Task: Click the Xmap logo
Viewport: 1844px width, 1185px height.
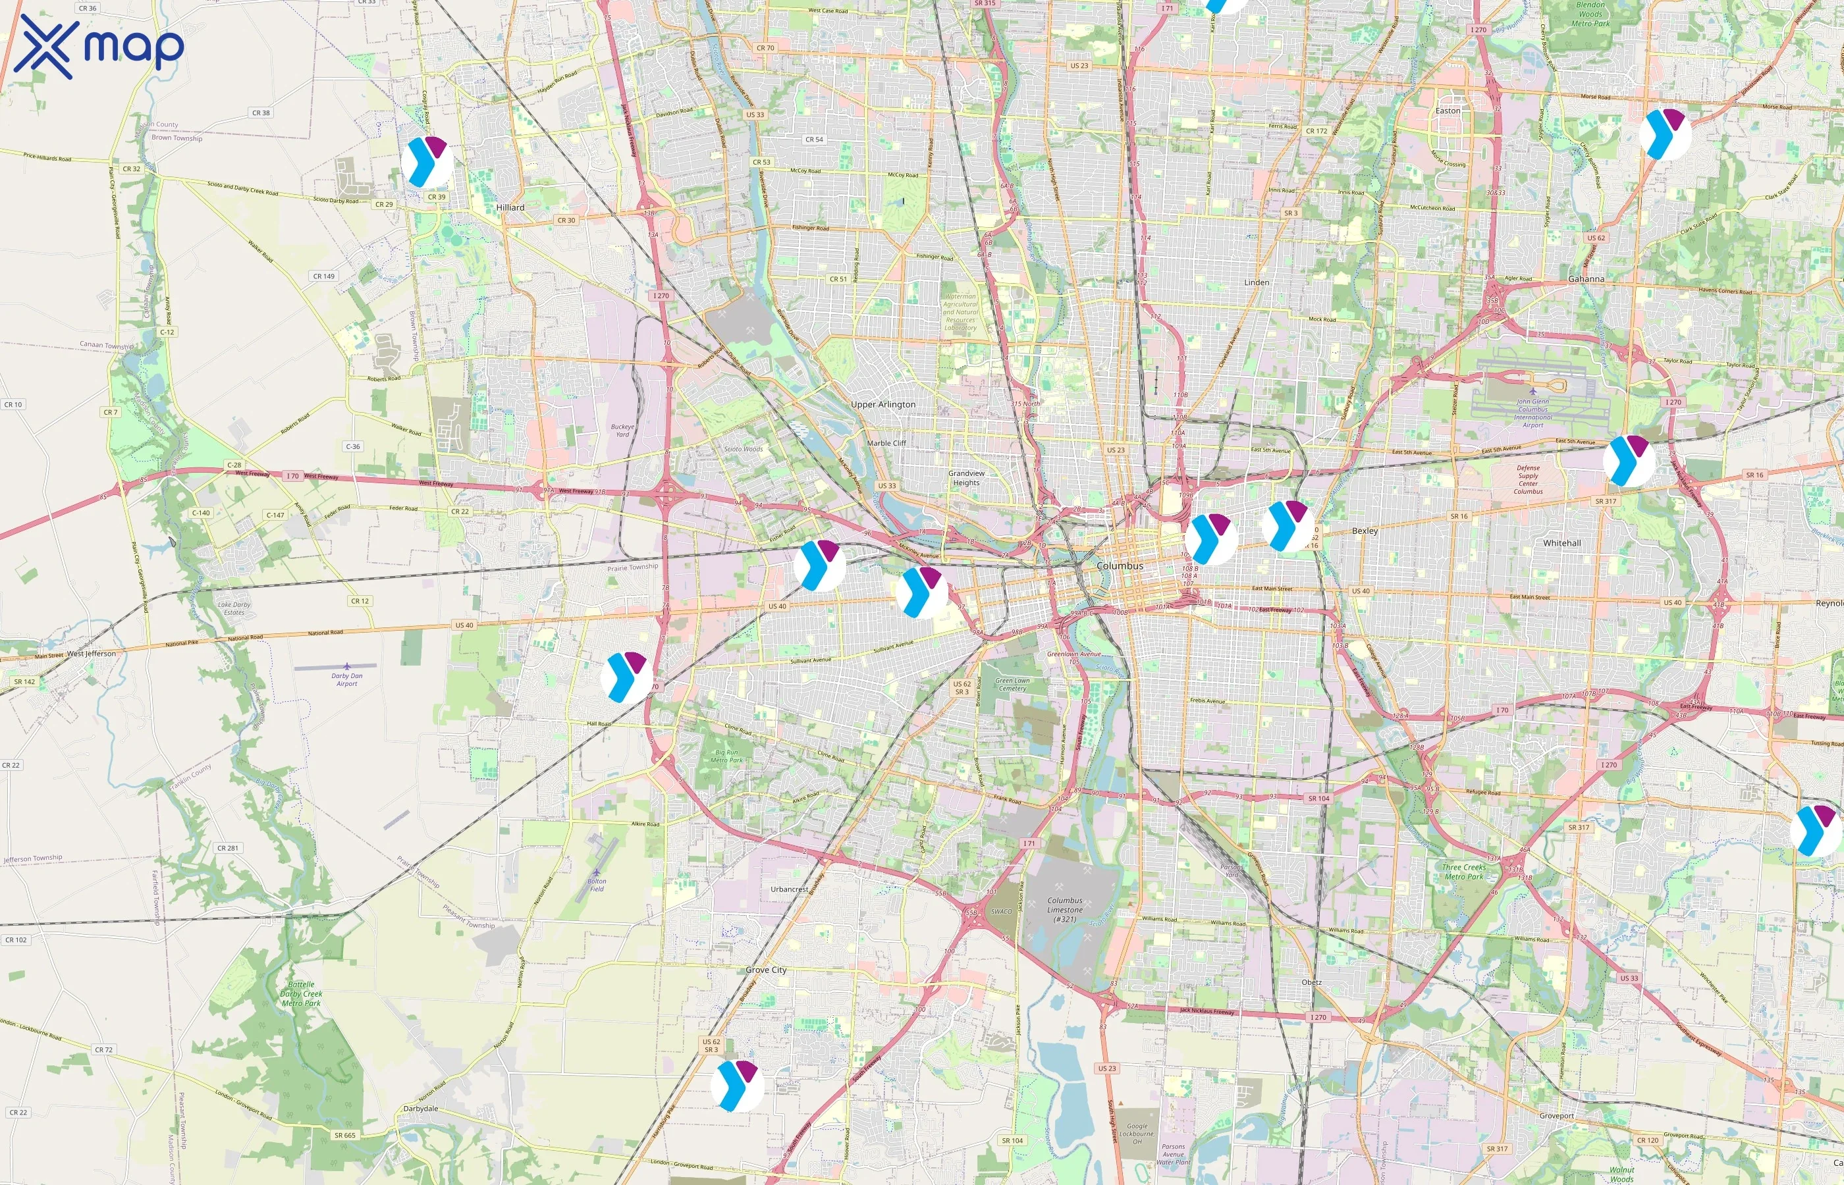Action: [x=99, y=47]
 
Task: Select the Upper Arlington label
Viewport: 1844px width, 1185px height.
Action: [x=882, y=405]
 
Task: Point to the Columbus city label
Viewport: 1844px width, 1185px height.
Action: [x=1120, y=566]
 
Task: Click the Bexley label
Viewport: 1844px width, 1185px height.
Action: [x=1365, y=531]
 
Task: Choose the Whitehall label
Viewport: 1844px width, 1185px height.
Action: [x=1561, y=543]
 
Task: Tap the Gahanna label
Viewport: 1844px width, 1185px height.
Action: [x=1586, y=279]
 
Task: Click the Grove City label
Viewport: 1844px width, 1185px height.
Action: [x=766, y=970]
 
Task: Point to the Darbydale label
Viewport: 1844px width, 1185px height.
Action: [x=420, y=1109]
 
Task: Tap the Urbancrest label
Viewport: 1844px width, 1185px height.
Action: [x=789, y=889]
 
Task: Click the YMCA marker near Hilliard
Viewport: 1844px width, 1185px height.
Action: [x=427, y=163]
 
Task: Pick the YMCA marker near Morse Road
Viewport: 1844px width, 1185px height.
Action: [x=1665, y=134]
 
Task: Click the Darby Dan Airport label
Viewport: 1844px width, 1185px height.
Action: [x=346, y=679]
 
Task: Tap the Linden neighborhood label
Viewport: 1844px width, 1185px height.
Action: [x=1256, y=282]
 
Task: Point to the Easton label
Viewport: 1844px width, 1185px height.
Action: [x=1447, y=111]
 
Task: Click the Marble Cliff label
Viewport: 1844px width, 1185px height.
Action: [x=886, y=443]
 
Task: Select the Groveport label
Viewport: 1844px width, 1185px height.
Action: [x=1556, y=1116]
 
